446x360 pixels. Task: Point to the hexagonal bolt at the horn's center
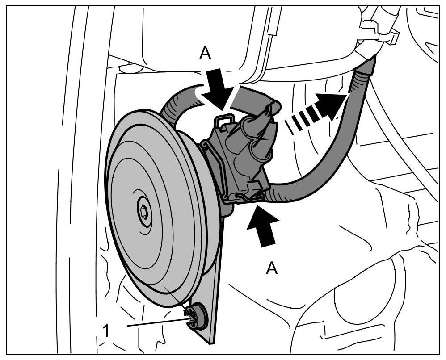pos(144,211)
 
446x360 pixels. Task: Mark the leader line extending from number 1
pos(156,323)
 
